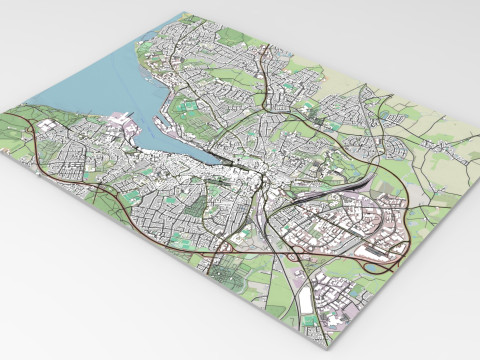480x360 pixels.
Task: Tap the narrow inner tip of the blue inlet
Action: tap(226, 160)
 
